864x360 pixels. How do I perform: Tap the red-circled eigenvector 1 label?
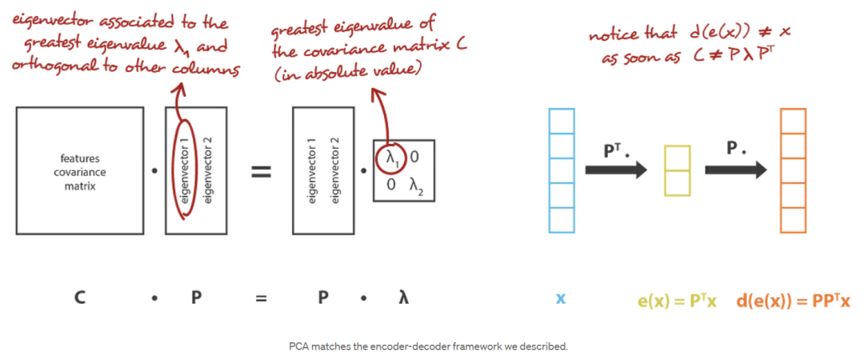point(185,170)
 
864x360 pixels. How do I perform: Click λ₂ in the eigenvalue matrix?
point(414,186)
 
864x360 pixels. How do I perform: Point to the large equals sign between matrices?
point(262,171)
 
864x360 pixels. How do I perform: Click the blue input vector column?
point(561,170)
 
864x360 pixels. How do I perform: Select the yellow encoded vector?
point(677,170)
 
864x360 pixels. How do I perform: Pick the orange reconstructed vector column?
point(792,170)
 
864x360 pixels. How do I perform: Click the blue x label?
point(561,298)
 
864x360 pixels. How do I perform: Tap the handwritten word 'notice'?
point(611,36)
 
